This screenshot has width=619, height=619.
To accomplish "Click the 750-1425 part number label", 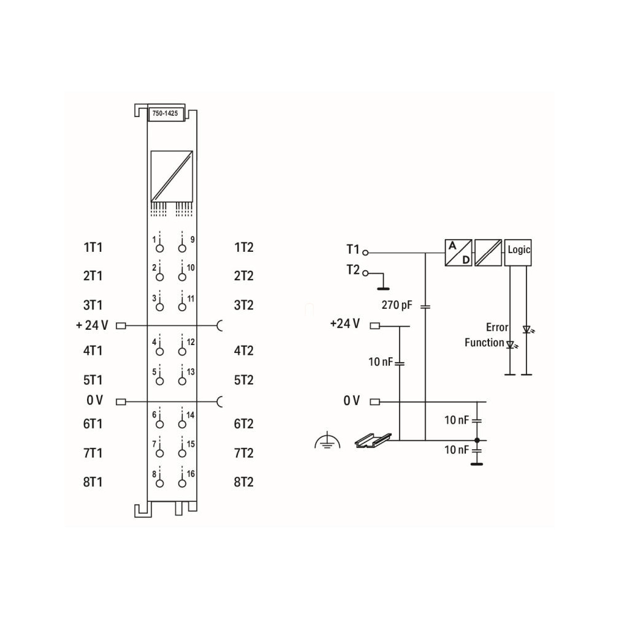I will [x=166, y=113].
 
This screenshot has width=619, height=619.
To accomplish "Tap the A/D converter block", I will [x=458, y=252].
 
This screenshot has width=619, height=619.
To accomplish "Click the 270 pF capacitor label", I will [x=397, y=305].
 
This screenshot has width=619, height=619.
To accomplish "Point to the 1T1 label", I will [x=93, y=248].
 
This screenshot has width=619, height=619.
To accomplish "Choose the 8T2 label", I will [x=243, y=482].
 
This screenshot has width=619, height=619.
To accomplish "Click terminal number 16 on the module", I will [x=191, y=474].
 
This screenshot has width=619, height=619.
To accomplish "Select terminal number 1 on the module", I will [x=154, y=239].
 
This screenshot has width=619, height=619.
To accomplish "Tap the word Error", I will [x=497, y=327].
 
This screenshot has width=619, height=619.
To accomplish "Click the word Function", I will [x=484, y=343].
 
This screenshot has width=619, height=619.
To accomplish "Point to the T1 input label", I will [x=352, y=249].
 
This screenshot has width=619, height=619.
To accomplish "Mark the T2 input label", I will [x=352, y=270].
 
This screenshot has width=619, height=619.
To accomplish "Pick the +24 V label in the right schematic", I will [x=344, y=324].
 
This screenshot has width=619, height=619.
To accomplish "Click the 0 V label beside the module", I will [x=94, y=401].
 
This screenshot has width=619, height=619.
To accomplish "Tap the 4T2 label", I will [x=243, y=351].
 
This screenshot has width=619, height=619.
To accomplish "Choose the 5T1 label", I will [x=93, y=380].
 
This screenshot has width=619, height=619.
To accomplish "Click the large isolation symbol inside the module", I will [x=172, y=175].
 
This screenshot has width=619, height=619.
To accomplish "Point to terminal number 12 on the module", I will [x=191, y=341].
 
